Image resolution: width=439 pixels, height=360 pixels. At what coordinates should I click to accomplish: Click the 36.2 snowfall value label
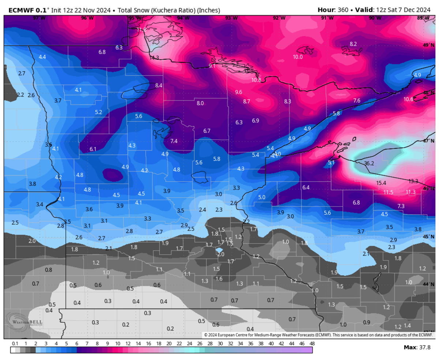[369, 164]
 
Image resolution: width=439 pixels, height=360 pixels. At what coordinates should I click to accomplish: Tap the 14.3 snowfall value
[154, 58]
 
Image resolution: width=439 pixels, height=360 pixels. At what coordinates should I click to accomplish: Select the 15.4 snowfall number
[381, 183]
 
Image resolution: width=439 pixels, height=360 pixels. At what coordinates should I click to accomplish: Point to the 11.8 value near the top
[141, 30]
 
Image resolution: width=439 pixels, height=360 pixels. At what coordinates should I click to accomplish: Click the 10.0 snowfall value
[298, 57]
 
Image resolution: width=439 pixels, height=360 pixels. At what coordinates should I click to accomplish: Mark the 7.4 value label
[174, 141]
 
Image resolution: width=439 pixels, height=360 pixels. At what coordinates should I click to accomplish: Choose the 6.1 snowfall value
[93, 149]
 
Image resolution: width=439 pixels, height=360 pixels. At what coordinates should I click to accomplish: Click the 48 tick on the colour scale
[312, 344]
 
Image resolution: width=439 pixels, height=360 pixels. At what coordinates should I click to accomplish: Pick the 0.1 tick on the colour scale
[15, 344]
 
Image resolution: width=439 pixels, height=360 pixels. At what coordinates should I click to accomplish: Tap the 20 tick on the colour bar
[169, 344]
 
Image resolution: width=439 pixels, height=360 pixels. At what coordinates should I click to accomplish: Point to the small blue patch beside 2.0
[219, 250]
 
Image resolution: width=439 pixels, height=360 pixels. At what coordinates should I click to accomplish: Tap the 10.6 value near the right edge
[408, 99]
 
